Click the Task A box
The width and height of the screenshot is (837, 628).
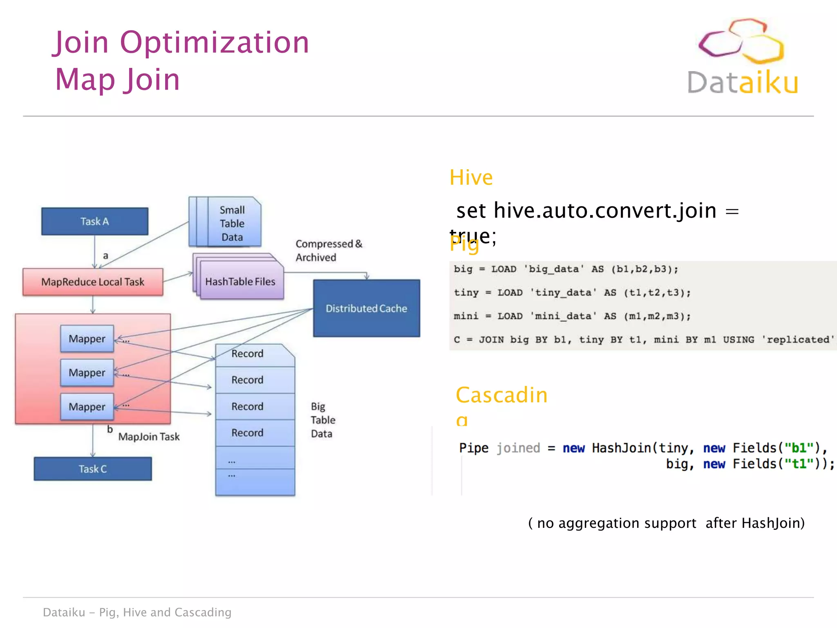click(x=94, y=221)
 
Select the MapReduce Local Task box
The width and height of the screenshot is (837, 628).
click(x=93, y=282)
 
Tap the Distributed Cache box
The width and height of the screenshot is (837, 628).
click(x=366, y=308)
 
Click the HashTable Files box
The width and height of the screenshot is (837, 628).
click(x=240, y=282)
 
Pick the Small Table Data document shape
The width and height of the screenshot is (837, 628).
click(x=232, y=223)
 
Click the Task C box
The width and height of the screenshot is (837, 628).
click(x=93, y=469)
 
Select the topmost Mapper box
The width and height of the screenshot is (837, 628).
click(x=87, y=339)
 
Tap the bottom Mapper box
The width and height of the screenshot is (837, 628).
click(x=87, y=406)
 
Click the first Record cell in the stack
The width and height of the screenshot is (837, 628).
click(x=247, y=354)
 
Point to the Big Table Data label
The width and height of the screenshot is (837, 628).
click(x=322, y=420)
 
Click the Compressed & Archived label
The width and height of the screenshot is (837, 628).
click(x=328, y=250)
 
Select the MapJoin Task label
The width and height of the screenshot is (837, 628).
click(x=149, y=437)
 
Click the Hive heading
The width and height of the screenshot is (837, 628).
click(x=471, y=177)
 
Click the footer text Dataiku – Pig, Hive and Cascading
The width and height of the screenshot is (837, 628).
click(x=137, y=612)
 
